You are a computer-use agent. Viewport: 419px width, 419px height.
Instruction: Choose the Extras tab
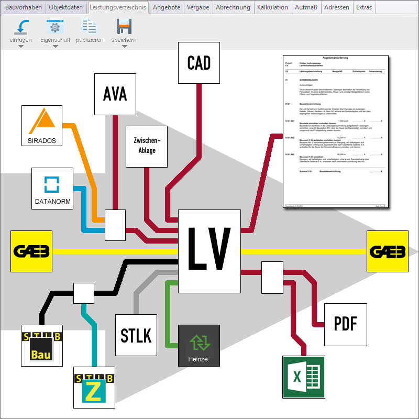[x=364, y=7]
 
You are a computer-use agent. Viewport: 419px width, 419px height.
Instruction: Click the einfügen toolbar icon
[x=21, y=27]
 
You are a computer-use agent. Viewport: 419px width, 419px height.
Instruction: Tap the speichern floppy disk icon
[x=124, y=27]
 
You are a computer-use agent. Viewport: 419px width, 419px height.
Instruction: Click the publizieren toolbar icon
[x=90, y=27]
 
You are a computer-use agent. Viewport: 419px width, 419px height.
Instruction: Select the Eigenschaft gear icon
[x=55, y=27]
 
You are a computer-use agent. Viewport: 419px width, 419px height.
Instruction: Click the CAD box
[x=199, y=63]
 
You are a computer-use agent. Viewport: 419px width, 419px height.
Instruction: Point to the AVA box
[x=115, y=94]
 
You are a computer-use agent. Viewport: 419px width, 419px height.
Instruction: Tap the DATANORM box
[x=52, y=189]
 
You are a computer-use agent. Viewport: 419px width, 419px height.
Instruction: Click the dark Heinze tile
[x=199, y=346]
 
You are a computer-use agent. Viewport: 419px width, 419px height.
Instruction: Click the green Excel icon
[x=304, y=377]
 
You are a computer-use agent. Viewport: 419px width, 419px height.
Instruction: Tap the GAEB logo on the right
[x=388, y=251]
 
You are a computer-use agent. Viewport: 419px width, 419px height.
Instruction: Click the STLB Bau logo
[x=42, y=346]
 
